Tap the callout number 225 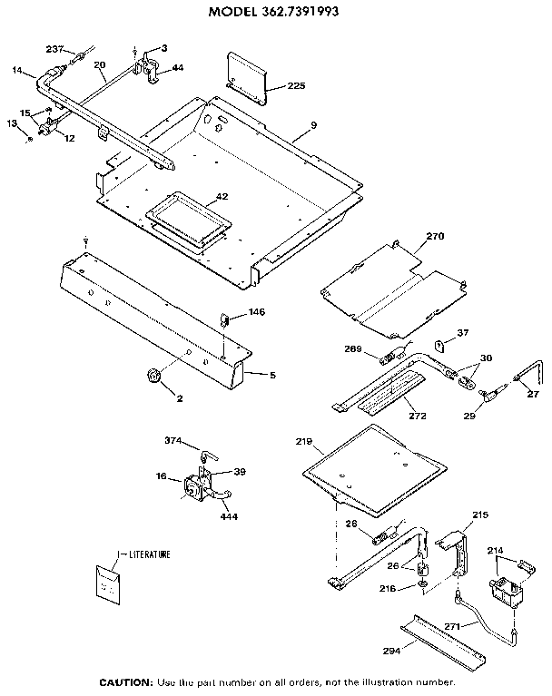(x=297, y=86)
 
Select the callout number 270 (x=435, y=236)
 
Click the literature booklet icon (x=110, y=583)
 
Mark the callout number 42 (x=221, y=196)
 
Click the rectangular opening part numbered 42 (x=185, y=219)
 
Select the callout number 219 (x=304, y=443)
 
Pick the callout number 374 (x=174, y=441)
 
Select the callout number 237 (x=54, y=48)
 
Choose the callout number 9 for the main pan (x=312, y=123)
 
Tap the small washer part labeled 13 (x=32, y=138)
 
